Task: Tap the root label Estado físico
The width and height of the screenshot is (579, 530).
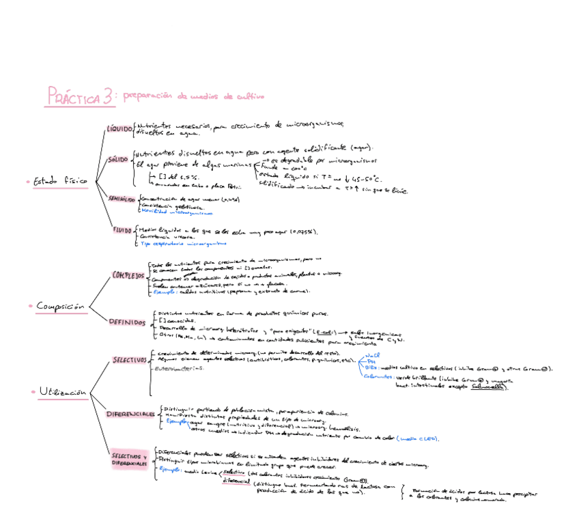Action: click(x=61, y=182)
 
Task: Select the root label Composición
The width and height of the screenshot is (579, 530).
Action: click(x=61, y=307)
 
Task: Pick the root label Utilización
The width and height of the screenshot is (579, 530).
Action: click(x=63, y=392)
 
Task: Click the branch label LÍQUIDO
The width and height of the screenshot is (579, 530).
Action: click(x=119, y=128)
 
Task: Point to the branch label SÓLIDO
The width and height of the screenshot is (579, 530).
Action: click(x=118, y=159)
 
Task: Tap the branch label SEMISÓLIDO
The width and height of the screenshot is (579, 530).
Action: click(x=122, y=199)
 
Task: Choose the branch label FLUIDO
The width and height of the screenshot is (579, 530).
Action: click(x=123, y=230)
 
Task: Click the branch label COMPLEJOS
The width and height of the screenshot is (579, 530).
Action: click(x=128, y=275)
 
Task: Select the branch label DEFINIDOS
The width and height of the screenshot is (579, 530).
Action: click(x=127, y=322)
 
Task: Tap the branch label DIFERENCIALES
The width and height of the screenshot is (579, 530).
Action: click(x=130, y=415)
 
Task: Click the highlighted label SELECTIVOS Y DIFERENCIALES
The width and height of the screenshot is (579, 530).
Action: click(x=130, y=460)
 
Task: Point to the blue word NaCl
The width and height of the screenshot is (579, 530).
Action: click(x=372, y=355)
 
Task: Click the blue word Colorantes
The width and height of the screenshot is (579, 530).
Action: click(x=377, y=376)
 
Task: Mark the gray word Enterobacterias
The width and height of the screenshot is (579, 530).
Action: click(x=180, y=368)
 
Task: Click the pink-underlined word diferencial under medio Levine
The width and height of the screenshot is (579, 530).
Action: click(x=236, y=481)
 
